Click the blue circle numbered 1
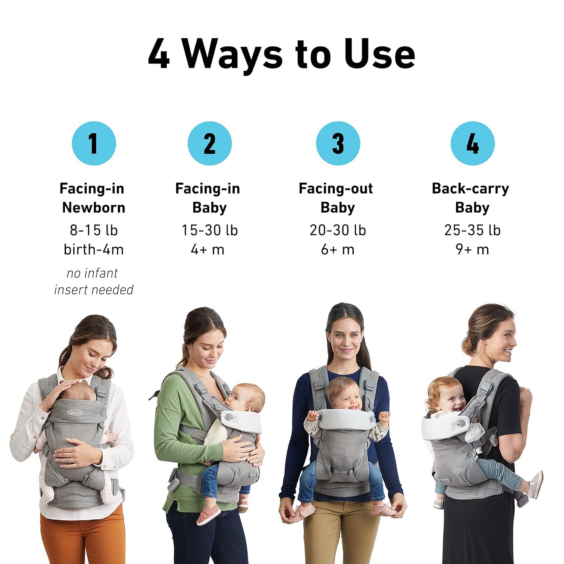click(x=94, y=143)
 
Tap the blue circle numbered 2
click(x=210, y=143)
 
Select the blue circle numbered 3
click(x=338, y=143)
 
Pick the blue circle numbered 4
click(x=473, y=143)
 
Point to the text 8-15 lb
click(x=94, y=230)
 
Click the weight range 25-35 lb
click(x=472, y=230)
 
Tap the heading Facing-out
click(x=336, y=188)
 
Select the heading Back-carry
click(x=470, y=189)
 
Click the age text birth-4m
click(x=94, y=249)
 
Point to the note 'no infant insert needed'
click(x=94, y=281)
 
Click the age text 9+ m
click(x=472, y=249)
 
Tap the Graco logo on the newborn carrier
click(x=76, y=412)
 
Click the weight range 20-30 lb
click(x=338, y=230)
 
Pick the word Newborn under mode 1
click(x=94, y=208)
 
